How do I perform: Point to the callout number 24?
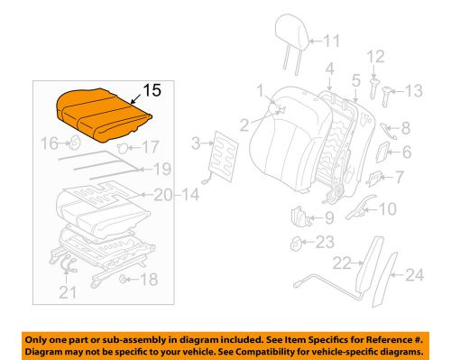tap(416, 276)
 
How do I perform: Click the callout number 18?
tap(148, 280)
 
